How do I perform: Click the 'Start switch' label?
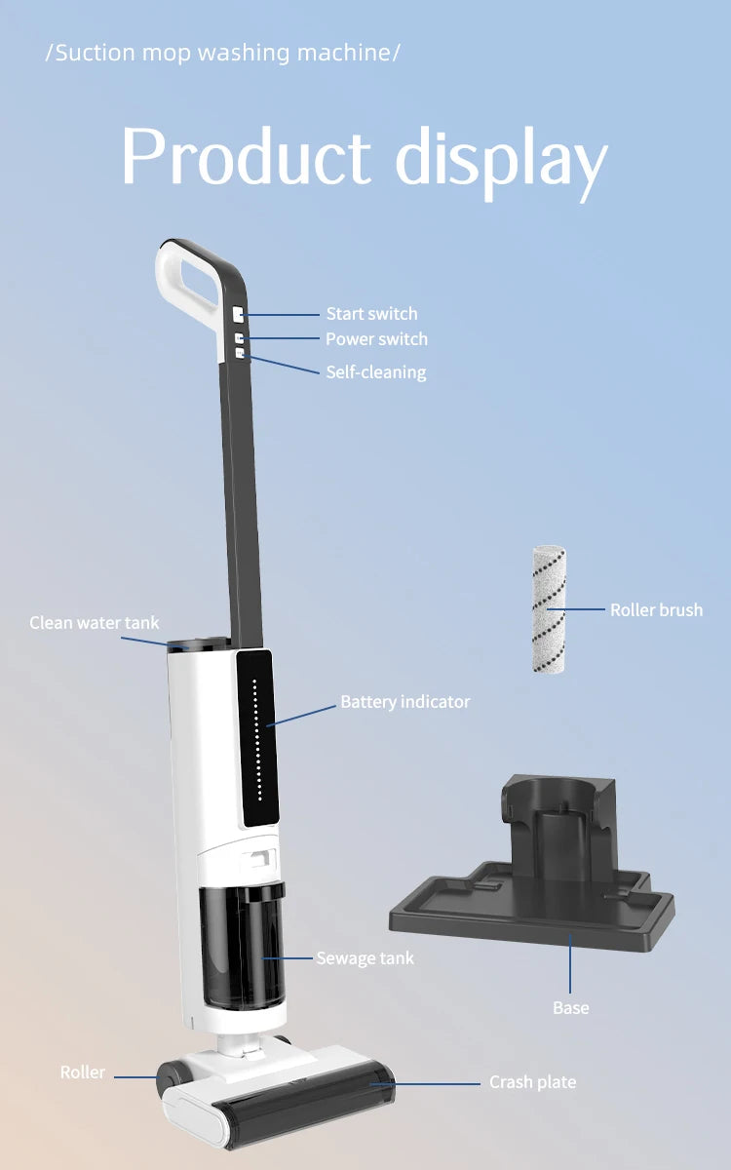tap(371, 314)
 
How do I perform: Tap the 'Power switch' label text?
tap(376, 339)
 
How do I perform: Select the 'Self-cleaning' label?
tap(376, 372)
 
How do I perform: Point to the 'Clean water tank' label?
tap(94, 623)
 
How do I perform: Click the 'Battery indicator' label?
tap(405, 701)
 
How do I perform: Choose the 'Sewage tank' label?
tap(365, 957)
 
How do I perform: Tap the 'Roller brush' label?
tap(656, 609)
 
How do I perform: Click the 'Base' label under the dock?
tap(571, 1008)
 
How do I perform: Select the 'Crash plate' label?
tap(532, 1081)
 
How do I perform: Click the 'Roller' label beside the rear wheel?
tap(83, 1072)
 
